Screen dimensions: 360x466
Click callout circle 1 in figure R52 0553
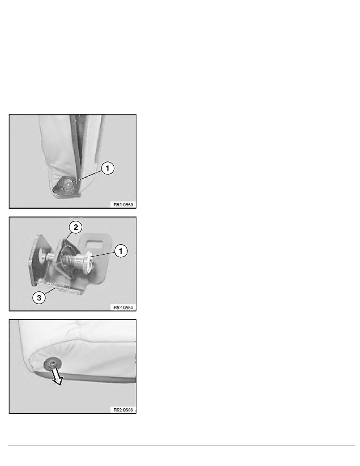[x=107, y=168]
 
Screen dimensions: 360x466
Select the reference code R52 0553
[x=123, y=204]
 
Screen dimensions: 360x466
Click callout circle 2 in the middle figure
[x=76, y=228]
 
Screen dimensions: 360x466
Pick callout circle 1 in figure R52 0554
[x=121, y=251]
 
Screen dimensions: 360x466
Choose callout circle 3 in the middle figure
[x=39, y=297]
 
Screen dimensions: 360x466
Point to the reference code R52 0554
[x=123, y=307]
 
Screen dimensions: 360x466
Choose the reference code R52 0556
[x=123, y=410]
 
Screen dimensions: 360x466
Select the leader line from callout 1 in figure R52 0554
[x=103, y=254]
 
